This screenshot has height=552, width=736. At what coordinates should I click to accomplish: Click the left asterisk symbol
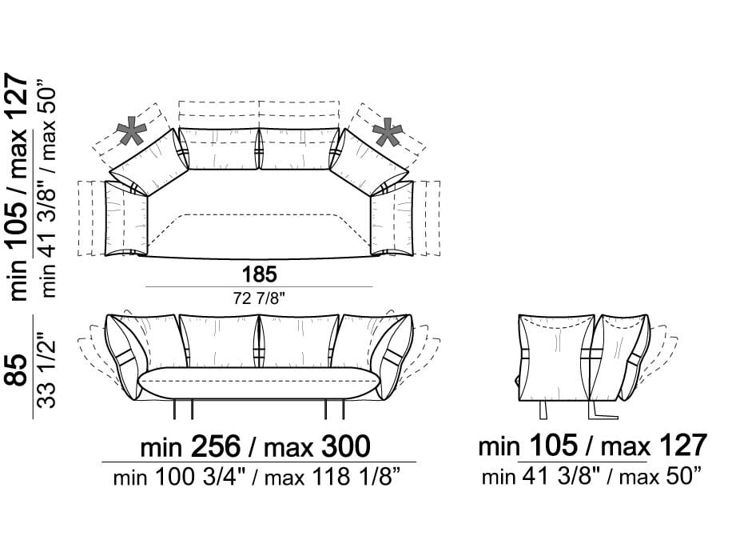tap(131, 131)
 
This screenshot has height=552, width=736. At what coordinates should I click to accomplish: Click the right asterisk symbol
tap(387, 132)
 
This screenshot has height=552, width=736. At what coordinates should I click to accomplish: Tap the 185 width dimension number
tap(259, 274)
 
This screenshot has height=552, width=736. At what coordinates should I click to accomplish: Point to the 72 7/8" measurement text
tap(259, 298)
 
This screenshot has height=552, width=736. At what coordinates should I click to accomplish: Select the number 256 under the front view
tap(216, 446)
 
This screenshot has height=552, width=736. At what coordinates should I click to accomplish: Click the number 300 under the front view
tap(345, 446)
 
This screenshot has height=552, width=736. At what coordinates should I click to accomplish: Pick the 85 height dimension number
tap(17, 370)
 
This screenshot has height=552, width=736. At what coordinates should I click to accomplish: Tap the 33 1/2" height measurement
tap(47, 370)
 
